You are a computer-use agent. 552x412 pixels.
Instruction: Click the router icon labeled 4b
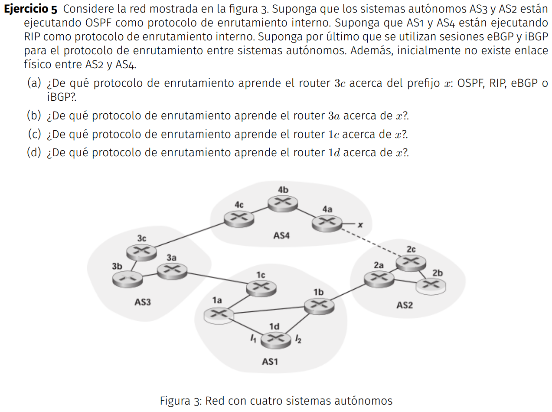coord(282,203)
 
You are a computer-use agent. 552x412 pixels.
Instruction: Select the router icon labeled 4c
coord(239,218)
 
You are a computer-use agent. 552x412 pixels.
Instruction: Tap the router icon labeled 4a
coord(327,223)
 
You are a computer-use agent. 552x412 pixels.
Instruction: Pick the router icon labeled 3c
coord(141,251)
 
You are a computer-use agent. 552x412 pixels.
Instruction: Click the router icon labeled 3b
coord(127,279)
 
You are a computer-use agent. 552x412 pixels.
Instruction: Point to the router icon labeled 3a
coord(172,271)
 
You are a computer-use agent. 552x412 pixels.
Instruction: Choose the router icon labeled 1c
coord(261,287)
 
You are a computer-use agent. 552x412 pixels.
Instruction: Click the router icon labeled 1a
coord(218,315)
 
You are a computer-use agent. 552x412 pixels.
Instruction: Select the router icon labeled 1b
coord(319,306)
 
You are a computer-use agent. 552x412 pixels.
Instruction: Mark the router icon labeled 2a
coord(379,278)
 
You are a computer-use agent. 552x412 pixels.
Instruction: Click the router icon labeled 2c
coord(411,262)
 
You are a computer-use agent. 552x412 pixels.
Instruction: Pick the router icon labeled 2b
coord(431,285)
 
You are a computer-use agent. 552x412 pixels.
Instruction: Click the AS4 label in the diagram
coord(281,236)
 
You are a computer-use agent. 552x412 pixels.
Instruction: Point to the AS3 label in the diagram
coord(143,302)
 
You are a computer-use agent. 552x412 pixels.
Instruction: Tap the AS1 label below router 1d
coord(270,361)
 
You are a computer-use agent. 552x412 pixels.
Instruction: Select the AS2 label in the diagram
coord(404,305)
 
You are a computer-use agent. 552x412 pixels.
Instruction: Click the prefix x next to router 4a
coord(359,224)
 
